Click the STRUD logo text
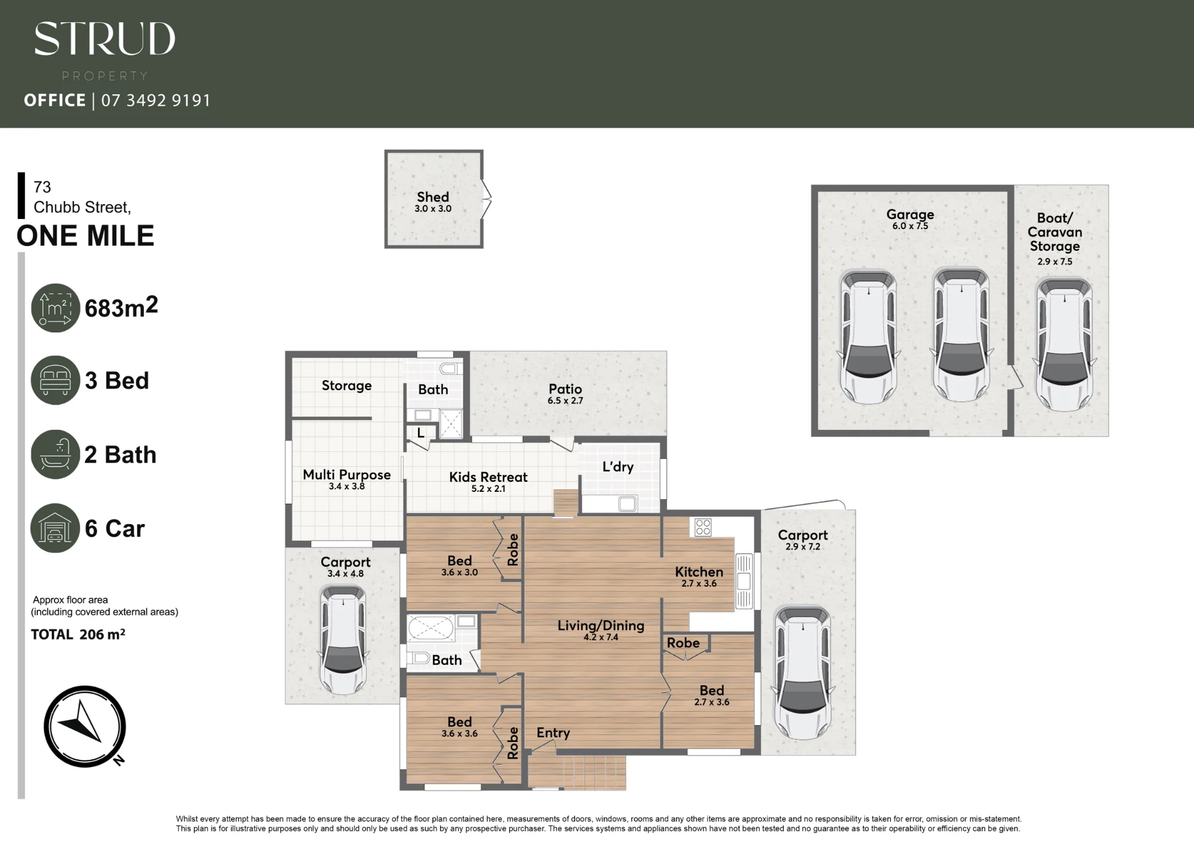(104, 39)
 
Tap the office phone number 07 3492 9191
(156, 100)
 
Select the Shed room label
(433, 197)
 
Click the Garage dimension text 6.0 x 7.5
(910, 226)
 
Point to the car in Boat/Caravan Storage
(1064, 344)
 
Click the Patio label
(565, 389)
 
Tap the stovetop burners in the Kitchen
(703, 527)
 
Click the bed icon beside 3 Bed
(56, 380)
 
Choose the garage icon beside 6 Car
(55, 528)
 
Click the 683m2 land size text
(121, 307)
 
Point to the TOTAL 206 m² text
(78, 634)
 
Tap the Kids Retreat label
(488, 477)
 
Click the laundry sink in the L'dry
(627, 504)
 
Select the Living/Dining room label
(601, 626)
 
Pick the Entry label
(553, 733)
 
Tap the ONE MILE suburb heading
(85, 236)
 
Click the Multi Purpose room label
(347, 475)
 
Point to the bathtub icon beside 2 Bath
(55, 454)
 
